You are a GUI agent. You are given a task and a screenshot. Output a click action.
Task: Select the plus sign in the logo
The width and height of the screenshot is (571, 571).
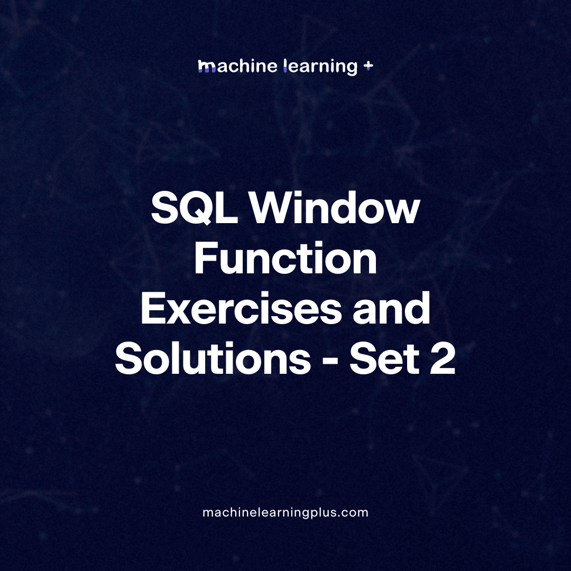click(369, 66)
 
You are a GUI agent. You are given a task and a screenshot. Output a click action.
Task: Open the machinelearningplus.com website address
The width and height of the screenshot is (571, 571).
click(285, 512)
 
